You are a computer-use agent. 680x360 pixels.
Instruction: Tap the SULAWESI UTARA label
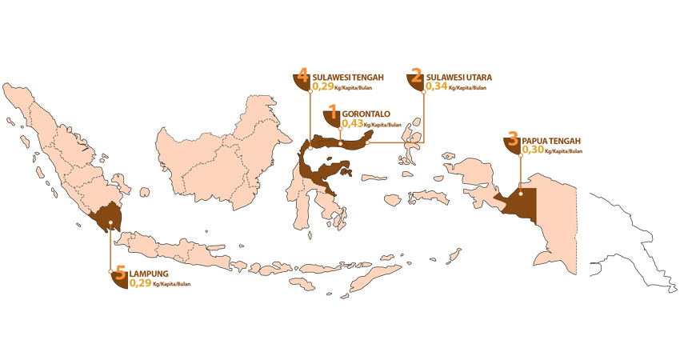point(458,78)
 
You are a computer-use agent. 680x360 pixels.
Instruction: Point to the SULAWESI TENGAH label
point(349,78)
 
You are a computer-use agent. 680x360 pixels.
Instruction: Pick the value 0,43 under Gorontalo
point(352,124)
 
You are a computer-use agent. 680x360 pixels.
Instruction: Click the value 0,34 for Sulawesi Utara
point(437,86)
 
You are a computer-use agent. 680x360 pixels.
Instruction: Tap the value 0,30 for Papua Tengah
point(532,150)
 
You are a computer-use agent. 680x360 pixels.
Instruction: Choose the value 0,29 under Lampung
point(140,283)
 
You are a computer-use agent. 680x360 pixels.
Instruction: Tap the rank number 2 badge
point(416,77)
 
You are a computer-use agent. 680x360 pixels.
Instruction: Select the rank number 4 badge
point(302,77)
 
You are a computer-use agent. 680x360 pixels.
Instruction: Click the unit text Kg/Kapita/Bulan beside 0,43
point(382,126)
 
